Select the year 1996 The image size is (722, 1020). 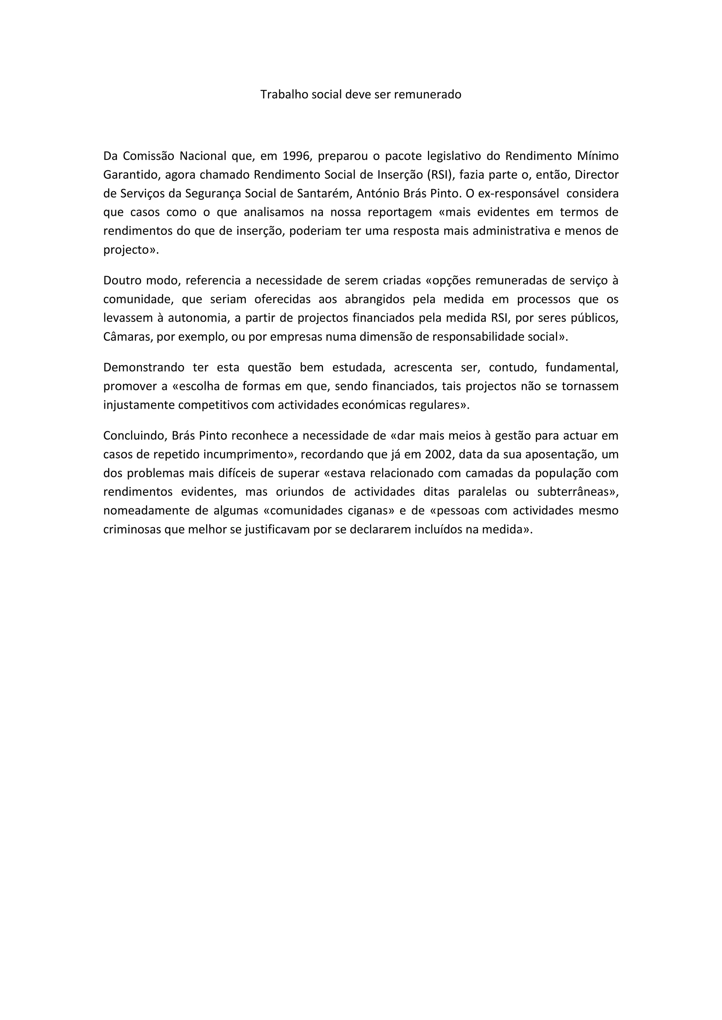pos(296,156)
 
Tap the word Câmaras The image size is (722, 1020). pos(128,337)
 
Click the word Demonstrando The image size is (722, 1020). pos(144,367)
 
